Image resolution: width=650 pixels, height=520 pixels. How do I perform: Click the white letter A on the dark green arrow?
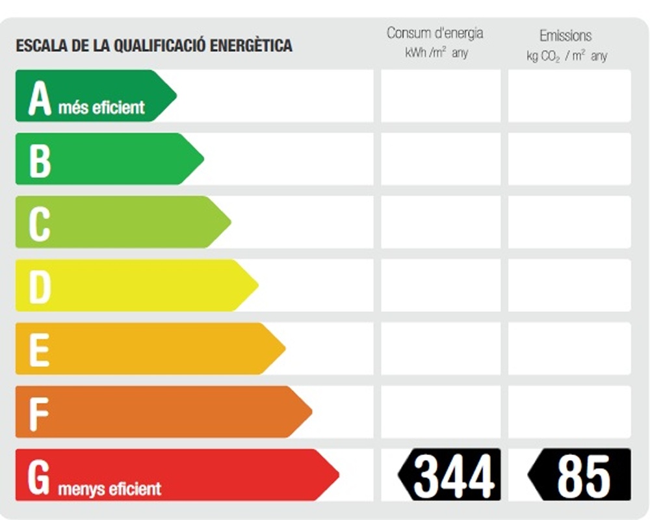pyautogui.click(x=40, y=98)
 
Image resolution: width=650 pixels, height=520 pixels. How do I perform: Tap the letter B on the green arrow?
pyautogui.click(x=40, y=160)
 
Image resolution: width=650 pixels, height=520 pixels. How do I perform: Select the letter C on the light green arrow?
pyautogui.click(x=39, y=223)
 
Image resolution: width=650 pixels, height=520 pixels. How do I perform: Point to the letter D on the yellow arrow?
pyautogui.click(x=40, y=286)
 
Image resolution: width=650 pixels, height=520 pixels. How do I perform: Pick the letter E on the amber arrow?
pyautogui.click(x=39, y=349)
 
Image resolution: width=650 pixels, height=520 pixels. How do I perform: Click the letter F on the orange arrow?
pyautogui.click(x=38, y=412)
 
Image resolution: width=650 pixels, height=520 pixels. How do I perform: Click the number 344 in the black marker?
pyautogui.click(x=454, y=476)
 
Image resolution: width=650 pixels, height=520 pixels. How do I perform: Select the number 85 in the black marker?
pyautogui.click(x=584, y=476)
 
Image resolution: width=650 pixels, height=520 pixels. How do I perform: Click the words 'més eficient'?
pyautogui.click(x=101, y=107)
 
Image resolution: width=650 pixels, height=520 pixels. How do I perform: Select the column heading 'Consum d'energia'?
pyautogui.click(x=435, y=33)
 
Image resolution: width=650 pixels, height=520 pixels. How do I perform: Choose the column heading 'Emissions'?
pyautogui.click(x=565, y=36)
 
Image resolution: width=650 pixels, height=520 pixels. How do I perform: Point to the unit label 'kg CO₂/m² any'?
pyautogui.click(x=567, y=56)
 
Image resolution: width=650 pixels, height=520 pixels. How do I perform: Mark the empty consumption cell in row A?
pyautogui.click(x=441, y=96)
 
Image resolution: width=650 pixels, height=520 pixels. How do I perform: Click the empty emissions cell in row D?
pyautogui.click(x=569, y=285)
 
